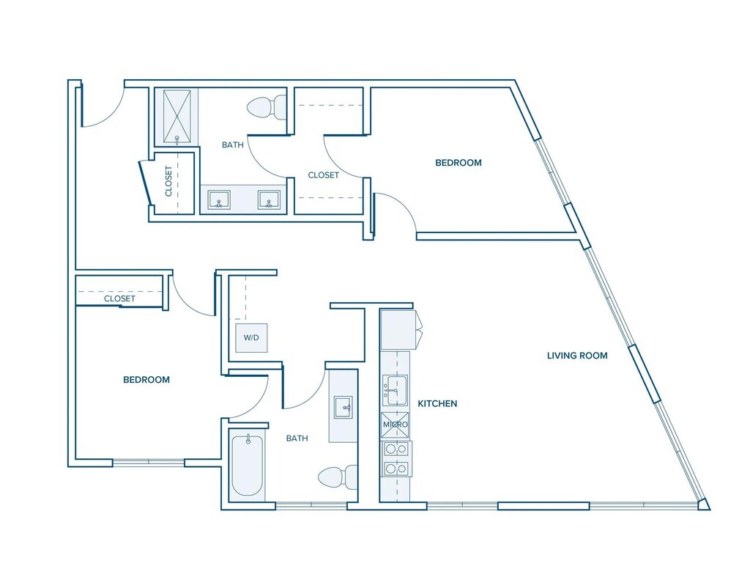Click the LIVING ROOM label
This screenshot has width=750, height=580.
[x=577, y=356]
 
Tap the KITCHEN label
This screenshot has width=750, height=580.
[x=437, y=403]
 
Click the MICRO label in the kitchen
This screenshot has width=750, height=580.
[x=395, y=425]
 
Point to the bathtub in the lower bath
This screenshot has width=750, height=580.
[x=247, y=465]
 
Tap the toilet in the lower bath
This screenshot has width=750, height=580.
[x=338, y=477]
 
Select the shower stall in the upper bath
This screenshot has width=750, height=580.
[x=177, y=116]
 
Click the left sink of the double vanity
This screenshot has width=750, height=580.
[x=219, y=199]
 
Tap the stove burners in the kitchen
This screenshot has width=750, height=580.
[x=396, y=459]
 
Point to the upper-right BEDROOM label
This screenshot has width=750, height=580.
[x=458, y=163]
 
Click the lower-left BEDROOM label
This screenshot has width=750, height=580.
[x=146, y=380]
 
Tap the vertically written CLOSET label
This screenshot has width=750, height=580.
[x=169, y=181]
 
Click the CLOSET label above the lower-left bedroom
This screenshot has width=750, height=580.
[x=119, y=299]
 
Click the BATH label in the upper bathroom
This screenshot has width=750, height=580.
[x=233, y=145]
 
